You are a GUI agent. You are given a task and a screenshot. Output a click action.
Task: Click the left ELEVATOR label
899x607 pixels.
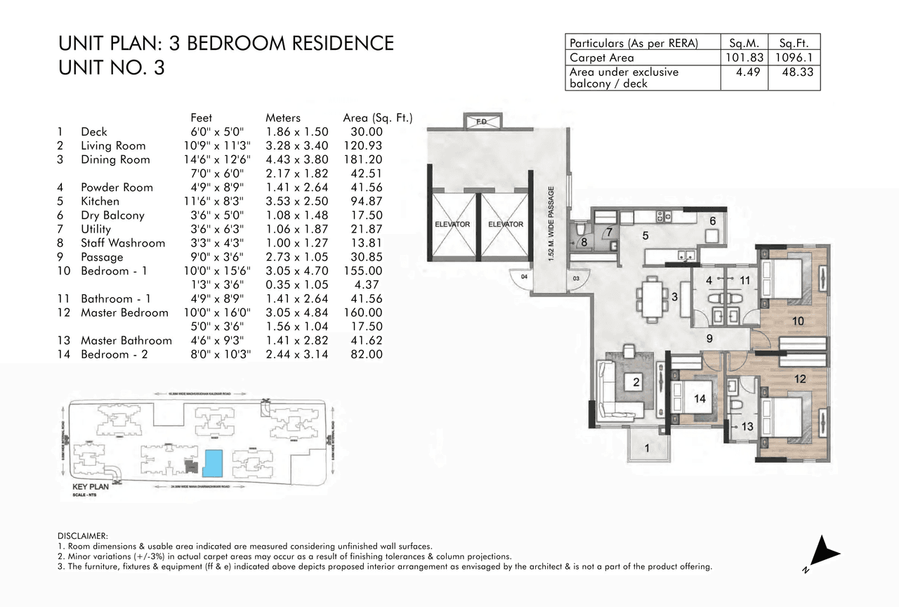(452, 224)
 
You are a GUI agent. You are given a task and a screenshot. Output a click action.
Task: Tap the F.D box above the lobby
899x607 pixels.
(482, 121)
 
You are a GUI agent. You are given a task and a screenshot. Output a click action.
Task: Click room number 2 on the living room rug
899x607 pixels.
(636, 383)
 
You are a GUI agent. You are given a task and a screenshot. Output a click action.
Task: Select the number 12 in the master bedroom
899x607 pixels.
(800, 379)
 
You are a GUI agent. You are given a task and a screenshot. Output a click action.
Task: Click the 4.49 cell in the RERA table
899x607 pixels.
(744, 72)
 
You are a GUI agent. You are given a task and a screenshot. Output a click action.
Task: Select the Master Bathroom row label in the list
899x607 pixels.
(126, 341)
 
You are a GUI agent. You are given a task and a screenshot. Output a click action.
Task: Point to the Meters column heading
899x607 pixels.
(282, 118)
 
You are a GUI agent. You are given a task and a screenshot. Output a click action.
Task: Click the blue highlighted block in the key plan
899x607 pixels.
(212, 463)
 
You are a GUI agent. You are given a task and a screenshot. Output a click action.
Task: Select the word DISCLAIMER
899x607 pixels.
(83, 536)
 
